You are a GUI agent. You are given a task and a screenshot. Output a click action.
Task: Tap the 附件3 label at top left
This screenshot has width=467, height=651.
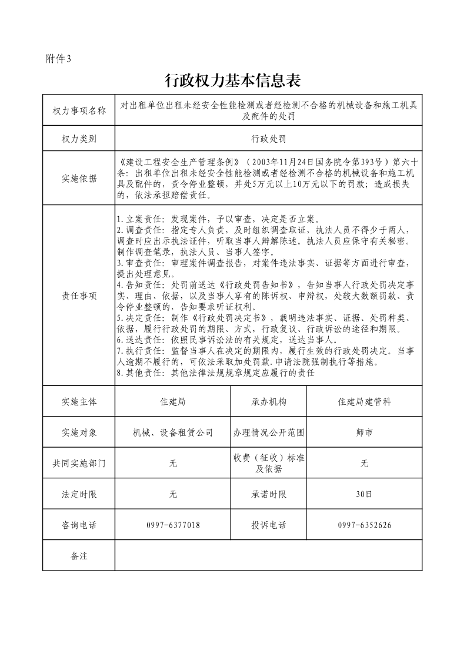pyautogui.click(x=58, y=58)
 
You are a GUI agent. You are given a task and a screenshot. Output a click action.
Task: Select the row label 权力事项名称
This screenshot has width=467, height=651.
pyautogui.click(x=79, y=111)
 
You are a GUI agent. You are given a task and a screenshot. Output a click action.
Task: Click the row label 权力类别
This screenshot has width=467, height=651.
pyautogui.click(x=79, y=139)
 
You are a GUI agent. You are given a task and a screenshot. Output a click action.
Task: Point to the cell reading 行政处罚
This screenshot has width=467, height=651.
pyautogui.click(x=268, y=139)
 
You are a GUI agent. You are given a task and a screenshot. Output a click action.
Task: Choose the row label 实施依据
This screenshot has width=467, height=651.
pyautogui.click(x=79, y=179)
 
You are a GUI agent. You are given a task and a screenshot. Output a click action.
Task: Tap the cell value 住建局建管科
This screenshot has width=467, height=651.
pyautogui.click(x=364, y=402)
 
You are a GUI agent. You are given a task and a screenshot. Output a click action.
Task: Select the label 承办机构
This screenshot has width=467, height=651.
pyautogui.click(x=268, y=402)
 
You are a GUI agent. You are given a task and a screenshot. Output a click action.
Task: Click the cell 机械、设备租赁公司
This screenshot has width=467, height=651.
pyautogui.click(x=173, y=432)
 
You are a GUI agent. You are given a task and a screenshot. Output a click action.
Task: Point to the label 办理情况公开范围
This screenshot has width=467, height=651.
pyautogui.click(x=268, y=432)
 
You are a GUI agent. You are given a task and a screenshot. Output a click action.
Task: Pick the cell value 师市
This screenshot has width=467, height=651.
pyautogui.click(x=364, y=432)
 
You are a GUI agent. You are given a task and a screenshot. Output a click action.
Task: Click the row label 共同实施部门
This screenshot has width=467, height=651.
pyautogui.click(x=79, y=463)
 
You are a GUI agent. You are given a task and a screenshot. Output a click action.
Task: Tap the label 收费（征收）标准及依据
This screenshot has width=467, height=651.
pyautogui.click(x=268, y=463)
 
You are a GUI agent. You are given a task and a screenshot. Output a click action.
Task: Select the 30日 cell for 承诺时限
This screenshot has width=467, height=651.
pyautogui.click(x=364, y=494)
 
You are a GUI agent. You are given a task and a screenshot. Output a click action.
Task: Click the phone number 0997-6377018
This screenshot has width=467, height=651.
pyautogui.click(x=173, y=525)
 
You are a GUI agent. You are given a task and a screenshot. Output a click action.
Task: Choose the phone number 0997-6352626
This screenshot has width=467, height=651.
pyautogui.click(x=364, y=525)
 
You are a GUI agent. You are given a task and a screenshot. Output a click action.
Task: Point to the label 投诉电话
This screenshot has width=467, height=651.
pyautogui.click(x=268, y=525)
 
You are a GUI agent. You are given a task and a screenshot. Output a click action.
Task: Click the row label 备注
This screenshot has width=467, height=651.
pyautogui.click(x=79, y=555)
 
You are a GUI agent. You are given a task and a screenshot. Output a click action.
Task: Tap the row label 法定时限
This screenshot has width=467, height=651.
pyautogui.click(x=79, y=494)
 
